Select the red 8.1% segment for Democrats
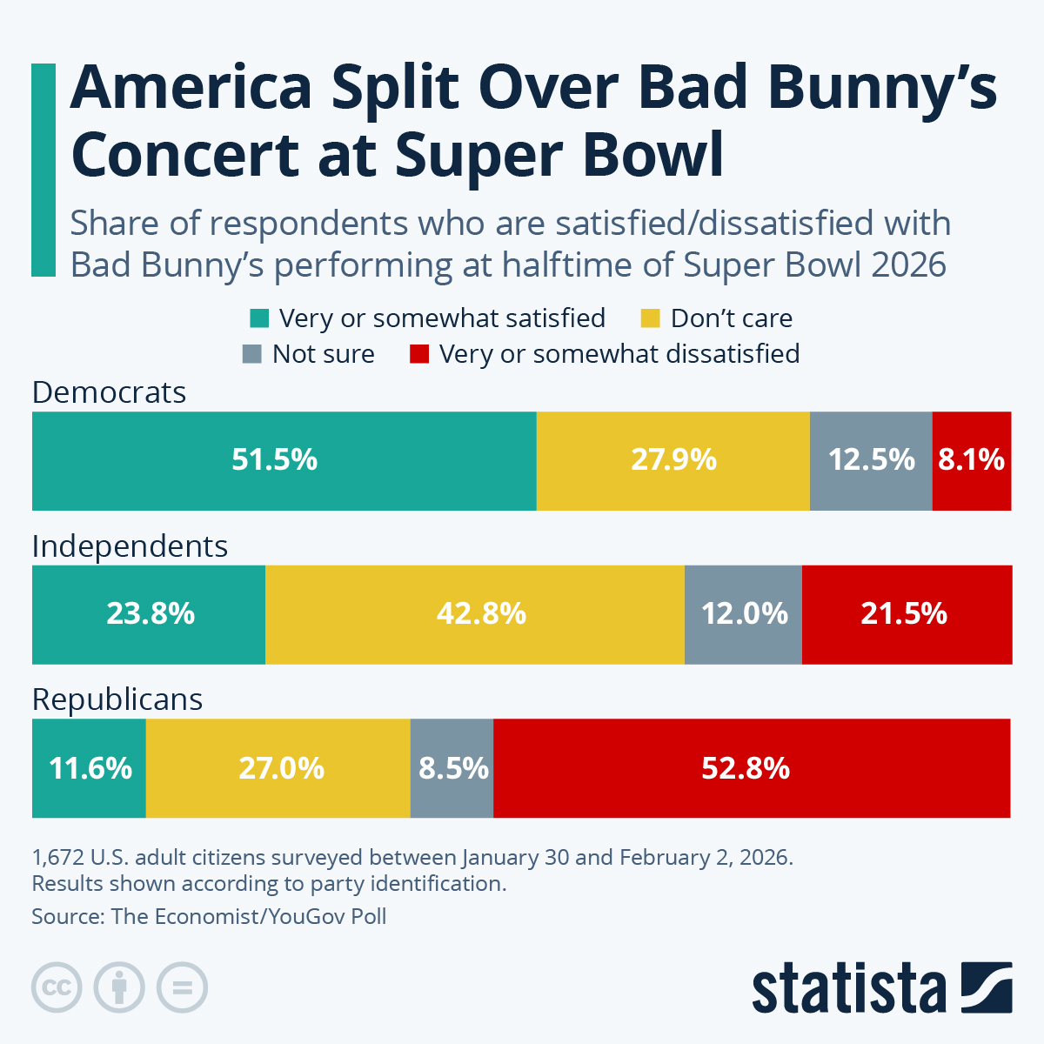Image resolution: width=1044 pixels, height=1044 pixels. coord(971,460)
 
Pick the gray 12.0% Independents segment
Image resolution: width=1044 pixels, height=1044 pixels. coord(743,614)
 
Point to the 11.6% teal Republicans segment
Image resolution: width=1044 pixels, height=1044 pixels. coord(89,768)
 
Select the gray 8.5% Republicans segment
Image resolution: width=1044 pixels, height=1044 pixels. coord(452,768)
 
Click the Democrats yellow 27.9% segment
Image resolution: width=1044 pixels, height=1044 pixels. coord(673,460)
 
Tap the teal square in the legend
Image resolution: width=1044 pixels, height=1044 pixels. coord(259,318)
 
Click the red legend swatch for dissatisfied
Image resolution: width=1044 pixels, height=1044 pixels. coord(419,355)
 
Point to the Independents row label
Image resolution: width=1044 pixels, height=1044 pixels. coord(130,546)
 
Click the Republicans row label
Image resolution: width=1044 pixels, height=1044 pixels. coord(117,699)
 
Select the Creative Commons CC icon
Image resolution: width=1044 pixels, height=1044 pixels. coord(57,987)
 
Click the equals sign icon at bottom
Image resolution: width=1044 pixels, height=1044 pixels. coord(182,987)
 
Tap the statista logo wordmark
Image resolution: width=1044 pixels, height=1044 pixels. coord(848,989)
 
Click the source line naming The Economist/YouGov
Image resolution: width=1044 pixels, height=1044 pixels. coord(209,916)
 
